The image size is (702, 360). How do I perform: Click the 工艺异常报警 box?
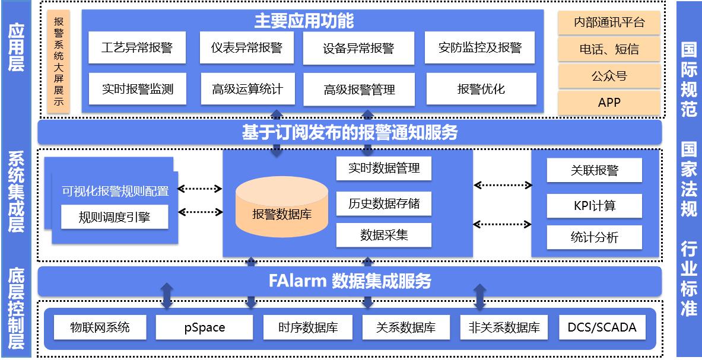(137, 47)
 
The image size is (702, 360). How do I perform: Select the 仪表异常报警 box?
(247, 47)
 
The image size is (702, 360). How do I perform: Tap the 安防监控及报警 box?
(480, 47)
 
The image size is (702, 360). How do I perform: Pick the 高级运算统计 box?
(247, 89)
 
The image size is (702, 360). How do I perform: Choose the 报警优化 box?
(480, 89)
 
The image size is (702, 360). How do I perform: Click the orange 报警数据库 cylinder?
(282, 211)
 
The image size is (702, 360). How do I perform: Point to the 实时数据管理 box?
(383, 168)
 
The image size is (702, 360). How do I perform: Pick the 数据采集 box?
(383, 235)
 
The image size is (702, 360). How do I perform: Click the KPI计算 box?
(594, 206)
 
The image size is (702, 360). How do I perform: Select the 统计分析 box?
(594, 237)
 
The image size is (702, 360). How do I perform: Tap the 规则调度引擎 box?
(115, 217)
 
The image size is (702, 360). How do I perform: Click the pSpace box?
(201, 327)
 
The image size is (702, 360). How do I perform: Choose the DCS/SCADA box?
(602, 327)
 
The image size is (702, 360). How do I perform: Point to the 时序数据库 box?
(307, 327)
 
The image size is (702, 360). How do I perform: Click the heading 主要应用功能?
(304, 21)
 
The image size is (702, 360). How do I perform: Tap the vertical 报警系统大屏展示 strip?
(59, 62)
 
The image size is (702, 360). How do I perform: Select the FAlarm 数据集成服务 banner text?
(350, 281)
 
